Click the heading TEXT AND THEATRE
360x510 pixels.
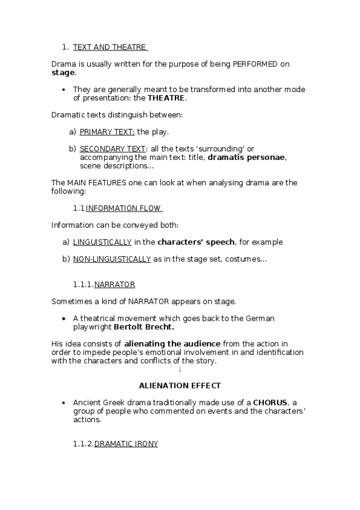click(x=109, y=47)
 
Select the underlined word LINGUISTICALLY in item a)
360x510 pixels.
click(x=102, y=242)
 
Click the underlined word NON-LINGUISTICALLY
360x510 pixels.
click(x=112, y=259)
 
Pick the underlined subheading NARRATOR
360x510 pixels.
click(x=114, y=284)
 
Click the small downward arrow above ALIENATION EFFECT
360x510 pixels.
click(x=180, y=369)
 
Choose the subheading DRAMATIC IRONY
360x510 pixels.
click(x=126, y=443)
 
